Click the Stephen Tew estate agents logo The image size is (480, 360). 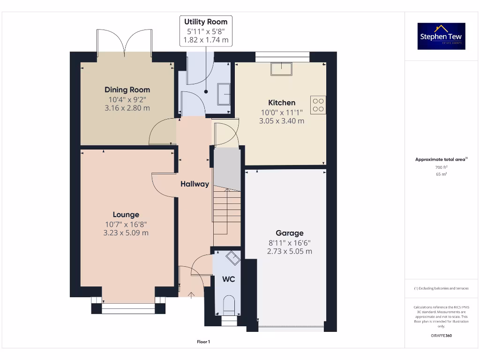441,36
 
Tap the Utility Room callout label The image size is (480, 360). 206,31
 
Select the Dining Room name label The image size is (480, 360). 127,90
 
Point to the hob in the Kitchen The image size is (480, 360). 318,105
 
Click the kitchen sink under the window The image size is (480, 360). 281,69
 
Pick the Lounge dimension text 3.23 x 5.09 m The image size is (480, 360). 126,232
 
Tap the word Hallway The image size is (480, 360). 195,184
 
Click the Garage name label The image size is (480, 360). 289,233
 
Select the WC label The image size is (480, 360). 228,279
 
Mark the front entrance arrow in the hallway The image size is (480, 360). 191,295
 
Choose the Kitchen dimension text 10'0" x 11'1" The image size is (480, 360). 282,112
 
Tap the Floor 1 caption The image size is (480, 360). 203,342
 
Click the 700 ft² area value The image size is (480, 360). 441,167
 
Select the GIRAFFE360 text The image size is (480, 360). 441,336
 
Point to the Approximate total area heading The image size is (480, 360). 441,159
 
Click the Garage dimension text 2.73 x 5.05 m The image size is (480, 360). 289,251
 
